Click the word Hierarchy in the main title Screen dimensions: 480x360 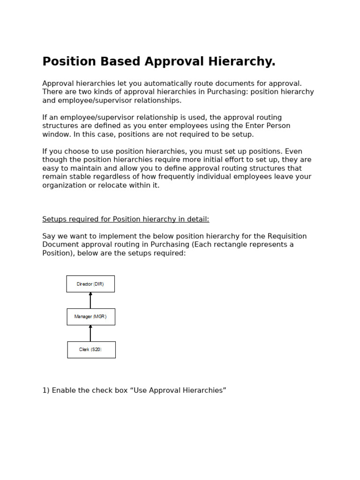click(240, 62)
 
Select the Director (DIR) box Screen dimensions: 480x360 click(90, 284)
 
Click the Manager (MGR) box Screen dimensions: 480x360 click(90, 317)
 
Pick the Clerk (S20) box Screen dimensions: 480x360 click(91, 350)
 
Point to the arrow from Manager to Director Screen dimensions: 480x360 click(90, 300)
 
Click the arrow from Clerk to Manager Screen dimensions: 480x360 click(90, 333)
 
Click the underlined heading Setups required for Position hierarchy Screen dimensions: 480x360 click(126, 219)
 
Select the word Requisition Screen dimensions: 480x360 click(284, 236)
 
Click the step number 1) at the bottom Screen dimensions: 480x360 click(46, 390)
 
